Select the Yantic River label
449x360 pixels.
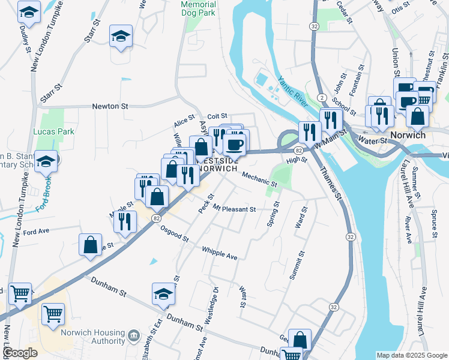tap(292, 89)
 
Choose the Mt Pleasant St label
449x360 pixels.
tap(235, 209)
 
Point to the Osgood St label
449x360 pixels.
tap(173, 236)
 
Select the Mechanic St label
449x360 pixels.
tap(260, 179)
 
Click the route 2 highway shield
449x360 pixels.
tap(322, 97)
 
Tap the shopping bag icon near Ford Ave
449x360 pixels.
tap(90, 245)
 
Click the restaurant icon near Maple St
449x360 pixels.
tap(125, 221)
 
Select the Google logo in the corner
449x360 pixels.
tap(20, 353)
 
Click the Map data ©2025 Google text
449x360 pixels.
tap(411, 355)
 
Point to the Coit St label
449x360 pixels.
tap(217, 116)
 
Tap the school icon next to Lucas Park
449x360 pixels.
tap(46, 161)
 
